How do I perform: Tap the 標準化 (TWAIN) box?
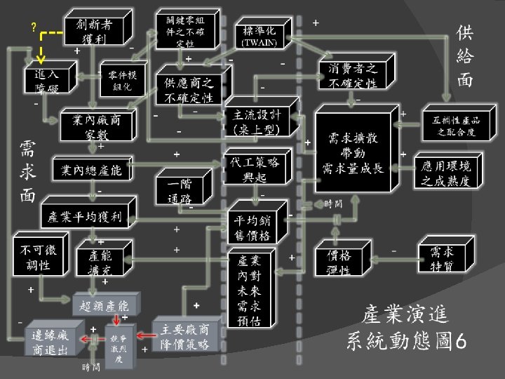[x=260, y=36]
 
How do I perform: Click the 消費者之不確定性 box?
[x=353, y=76]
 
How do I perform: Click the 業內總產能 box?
[x=90, y=171]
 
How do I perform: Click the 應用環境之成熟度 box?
[x=445, y=171]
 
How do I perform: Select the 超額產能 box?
[x=105, y=305]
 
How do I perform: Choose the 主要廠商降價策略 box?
[x=184, y=337]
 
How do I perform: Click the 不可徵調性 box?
[x=36, y=257]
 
